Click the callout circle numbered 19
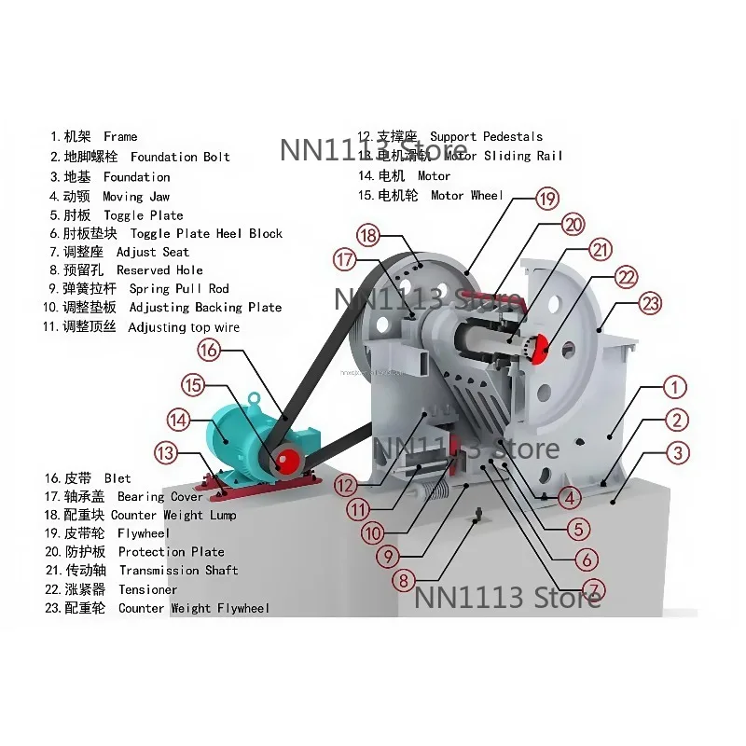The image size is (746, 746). [547, 198]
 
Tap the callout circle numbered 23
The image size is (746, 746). [651, 303]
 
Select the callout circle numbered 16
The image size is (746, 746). [209, 350]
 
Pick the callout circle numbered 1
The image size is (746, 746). [675, 387]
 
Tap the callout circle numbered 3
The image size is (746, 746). [679, 454]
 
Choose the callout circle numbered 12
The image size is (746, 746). [347, 485]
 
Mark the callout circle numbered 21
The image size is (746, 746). [601, 250]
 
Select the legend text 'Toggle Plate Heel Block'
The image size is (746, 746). [206, 233]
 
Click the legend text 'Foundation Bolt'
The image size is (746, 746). [180, 157]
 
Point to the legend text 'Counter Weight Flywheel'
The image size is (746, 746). [194, 608]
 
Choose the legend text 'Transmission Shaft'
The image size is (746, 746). [178, 570]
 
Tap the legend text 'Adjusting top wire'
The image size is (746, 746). [184, 327]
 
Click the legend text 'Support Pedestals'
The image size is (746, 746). [486, 136]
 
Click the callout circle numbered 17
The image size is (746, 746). [346, 260]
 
